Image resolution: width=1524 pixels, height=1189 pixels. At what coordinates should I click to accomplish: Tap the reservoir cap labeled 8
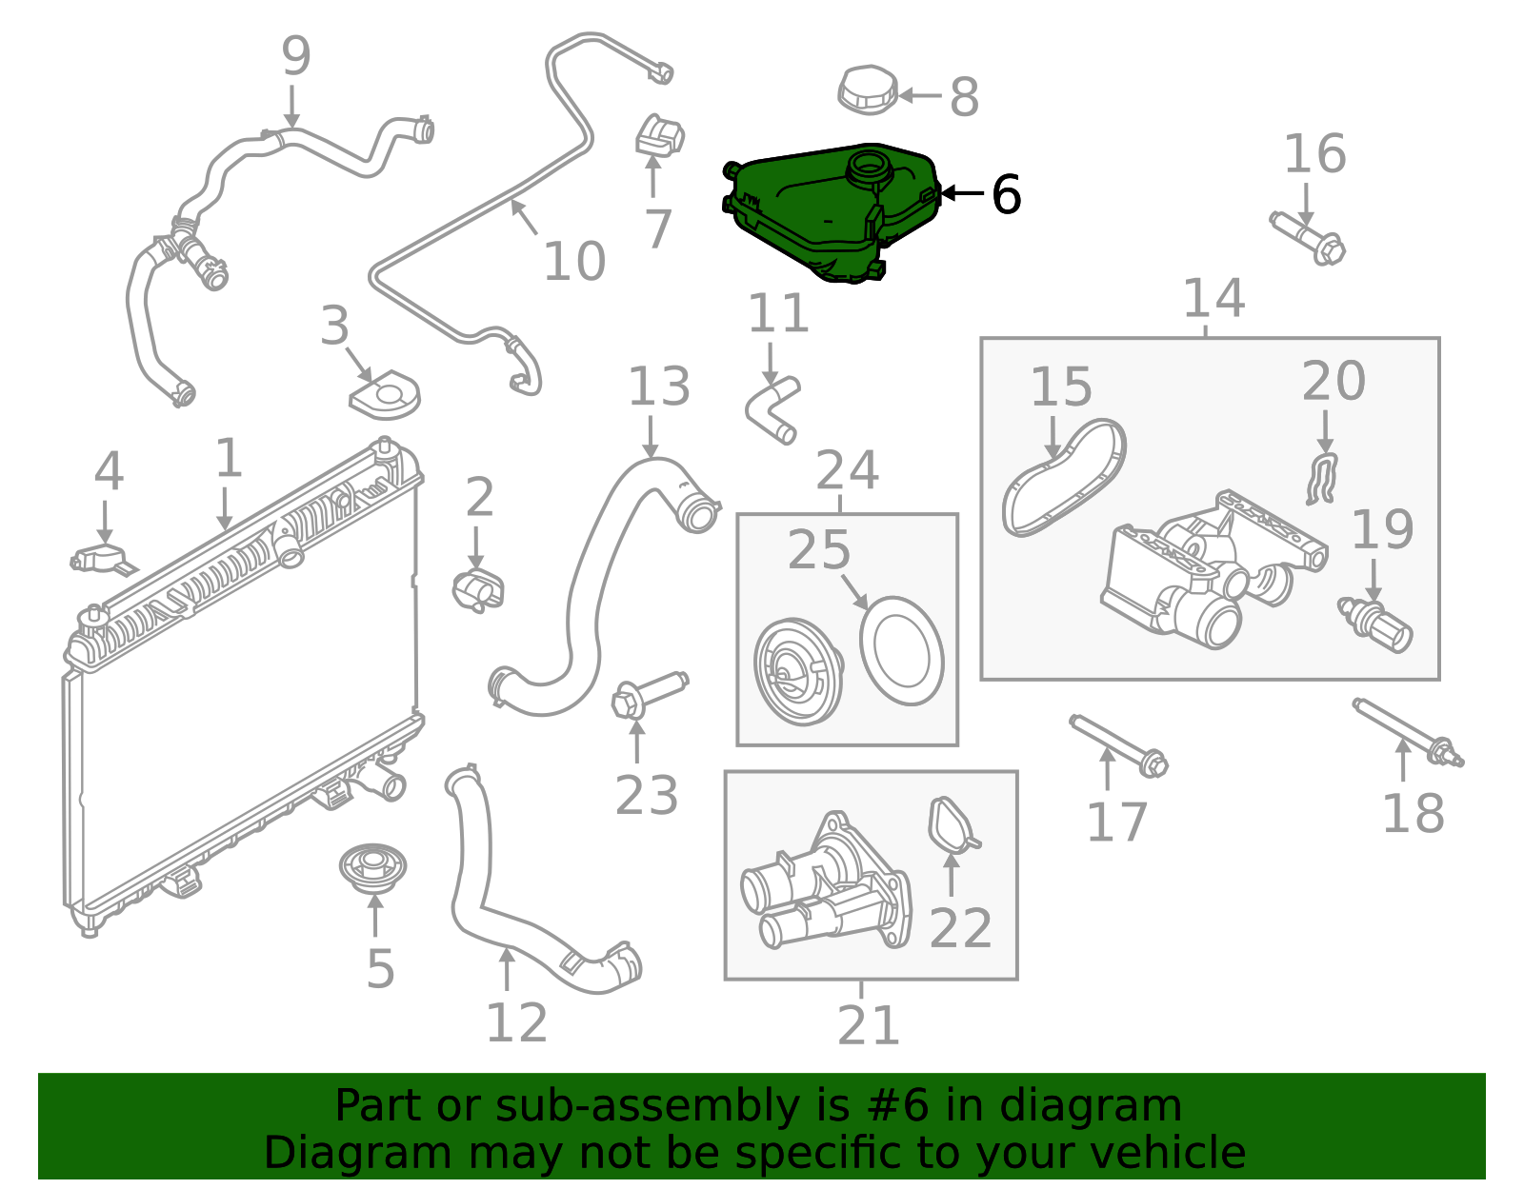pos(868,90)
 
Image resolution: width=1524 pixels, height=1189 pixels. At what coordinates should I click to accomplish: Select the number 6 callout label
pos(1006,194)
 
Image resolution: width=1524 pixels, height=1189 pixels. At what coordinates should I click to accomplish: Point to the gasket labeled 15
pos(1062,476)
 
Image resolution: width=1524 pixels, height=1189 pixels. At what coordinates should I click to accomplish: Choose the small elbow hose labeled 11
pos(772,409)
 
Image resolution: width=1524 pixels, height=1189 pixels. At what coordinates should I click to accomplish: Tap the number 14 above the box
pos(1213,299)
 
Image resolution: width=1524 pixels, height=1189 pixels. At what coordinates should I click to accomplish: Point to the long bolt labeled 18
pos(1408,732)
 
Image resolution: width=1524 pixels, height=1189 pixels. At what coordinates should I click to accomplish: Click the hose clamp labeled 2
pos(477,590)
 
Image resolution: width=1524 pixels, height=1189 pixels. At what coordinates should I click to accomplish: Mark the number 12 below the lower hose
pos(516,1023)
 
